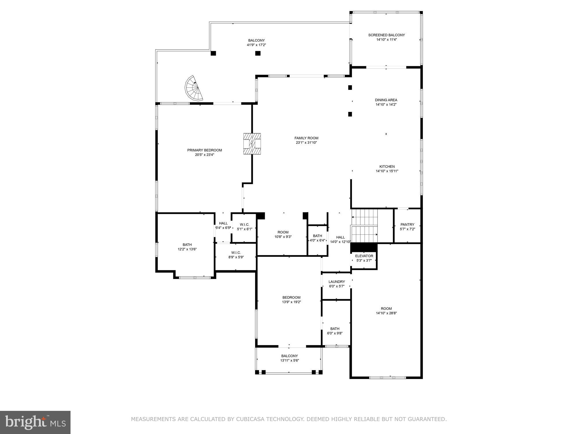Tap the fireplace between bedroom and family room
click(x=252, y=144)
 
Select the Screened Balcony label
click(x=386, y=35)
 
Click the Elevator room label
click(x=364, y=256)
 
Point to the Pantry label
click(x=407, y=225)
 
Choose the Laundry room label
click(x=336, y=282)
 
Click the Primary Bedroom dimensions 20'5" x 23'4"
click(x=204, y=155)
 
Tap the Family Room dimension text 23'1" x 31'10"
click(x=306, y=143)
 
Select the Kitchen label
click(x=387, y=167)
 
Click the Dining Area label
click(x=386, y=100)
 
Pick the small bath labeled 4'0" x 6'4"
click(x=317, y=238)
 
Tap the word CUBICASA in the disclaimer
click(x=250, y=419)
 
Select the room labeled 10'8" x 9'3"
click(x=283, y=234)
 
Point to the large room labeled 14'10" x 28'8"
click(x=386, y=311)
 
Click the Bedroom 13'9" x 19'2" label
click(x=291, y=299)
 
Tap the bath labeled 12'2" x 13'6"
click(x=187, y=247)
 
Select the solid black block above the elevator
click(x=364, y=247)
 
